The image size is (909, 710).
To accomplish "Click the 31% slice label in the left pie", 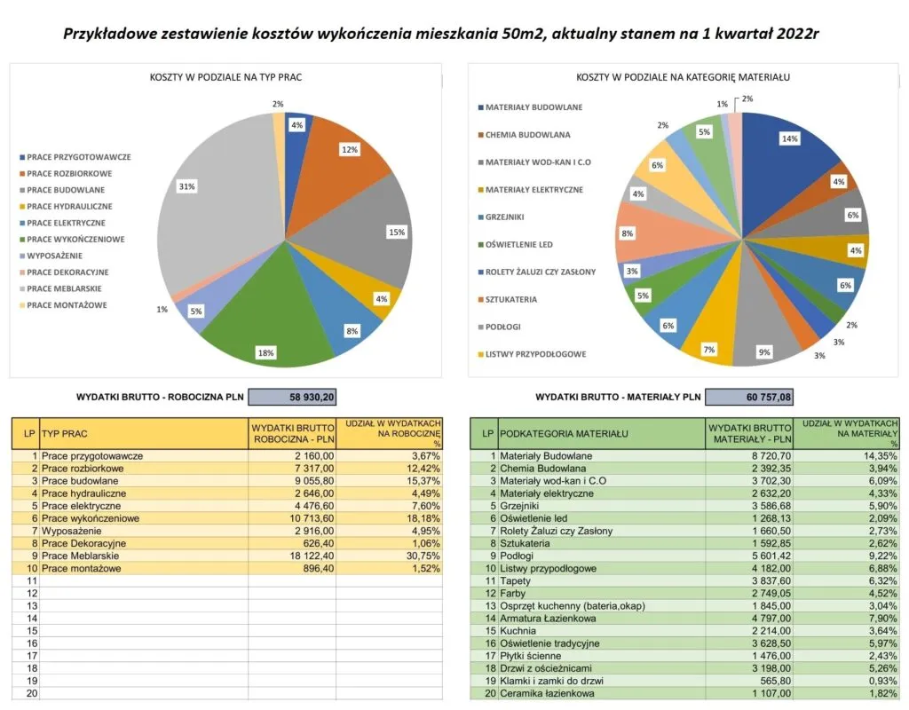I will click(186, 185).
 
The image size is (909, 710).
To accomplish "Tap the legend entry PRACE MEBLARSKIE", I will click(63, 288).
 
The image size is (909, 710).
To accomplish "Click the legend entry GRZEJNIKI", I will click(503, 217).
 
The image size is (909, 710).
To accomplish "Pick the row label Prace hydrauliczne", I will click(84, 493).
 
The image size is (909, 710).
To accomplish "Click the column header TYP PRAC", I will click(67, 433).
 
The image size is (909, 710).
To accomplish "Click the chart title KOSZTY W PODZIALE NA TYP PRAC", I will click(225, 78).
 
